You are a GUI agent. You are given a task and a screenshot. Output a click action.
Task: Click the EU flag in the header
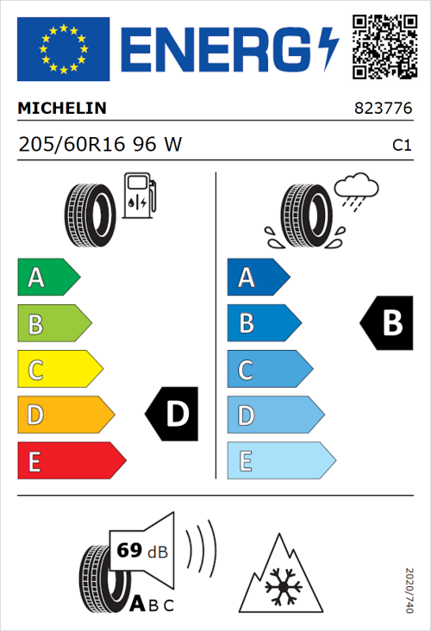(63, 49)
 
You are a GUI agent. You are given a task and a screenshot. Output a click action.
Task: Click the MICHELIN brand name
(62, 109)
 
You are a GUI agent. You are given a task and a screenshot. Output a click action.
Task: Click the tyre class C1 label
(401, 146)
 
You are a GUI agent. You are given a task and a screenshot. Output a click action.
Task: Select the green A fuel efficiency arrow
(48, 278)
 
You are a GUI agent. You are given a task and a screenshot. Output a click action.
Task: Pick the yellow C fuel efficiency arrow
(59, 370)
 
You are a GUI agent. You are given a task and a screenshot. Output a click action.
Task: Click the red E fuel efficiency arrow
(71, 461)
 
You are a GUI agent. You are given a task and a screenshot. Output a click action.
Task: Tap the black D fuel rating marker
(172, 414)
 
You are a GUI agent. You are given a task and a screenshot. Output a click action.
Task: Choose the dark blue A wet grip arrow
(258, 278)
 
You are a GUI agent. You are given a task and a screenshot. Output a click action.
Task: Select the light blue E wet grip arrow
(280, 461)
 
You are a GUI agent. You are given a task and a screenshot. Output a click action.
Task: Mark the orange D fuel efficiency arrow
(66, 415)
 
